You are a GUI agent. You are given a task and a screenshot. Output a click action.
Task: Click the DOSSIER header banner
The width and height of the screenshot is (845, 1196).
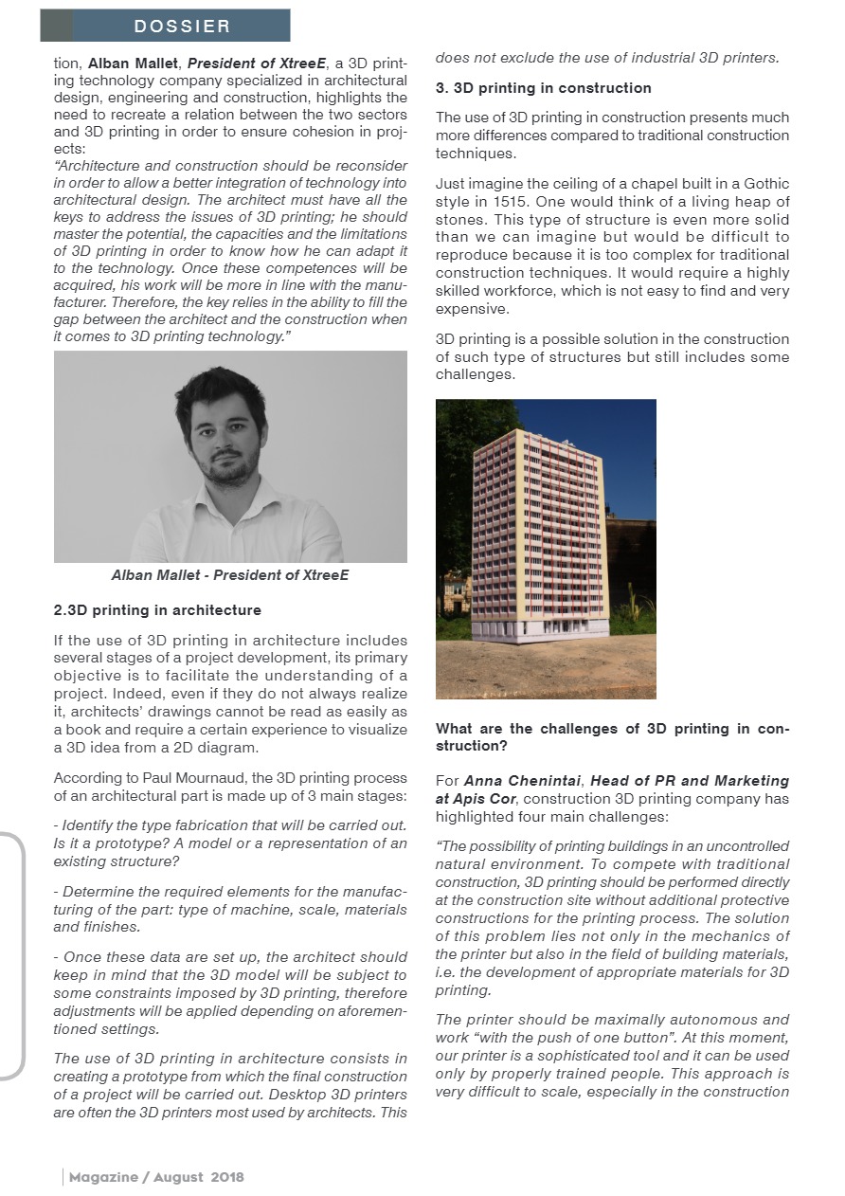tap(165, 26)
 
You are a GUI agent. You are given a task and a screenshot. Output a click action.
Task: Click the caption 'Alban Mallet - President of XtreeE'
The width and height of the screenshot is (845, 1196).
tap(230, 575)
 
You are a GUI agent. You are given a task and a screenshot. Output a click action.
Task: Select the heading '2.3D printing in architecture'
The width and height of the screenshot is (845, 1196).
tap(158, 610)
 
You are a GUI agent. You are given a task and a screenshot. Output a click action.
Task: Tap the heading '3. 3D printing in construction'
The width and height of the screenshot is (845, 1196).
tap(544, 88)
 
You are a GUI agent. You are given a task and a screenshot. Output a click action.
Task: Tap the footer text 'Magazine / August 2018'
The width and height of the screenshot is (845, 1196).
tap(156, 1177)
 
